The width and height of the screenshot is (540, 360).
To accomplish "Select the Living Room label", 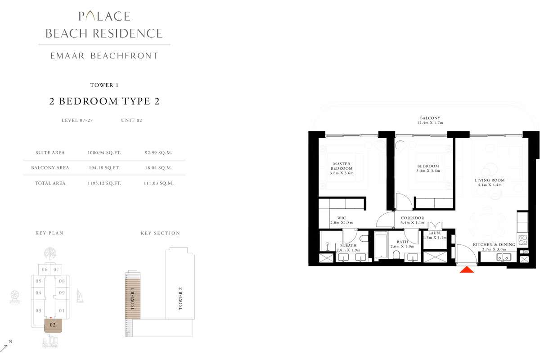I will click(490, 183).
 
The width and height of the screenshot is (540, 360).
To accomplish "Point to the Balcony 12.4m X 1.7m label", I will click(429, 121).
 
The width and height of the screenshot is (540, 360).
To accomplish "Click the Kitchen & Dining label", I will click(494, 247).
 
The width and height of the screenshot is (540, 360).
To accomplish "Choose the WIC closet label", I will click(342, 220).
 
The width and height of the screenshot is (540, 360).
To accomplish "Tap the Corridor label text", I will click(412, 220).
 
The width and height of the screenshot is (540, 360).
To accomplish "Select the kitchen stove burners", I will click(523, 240).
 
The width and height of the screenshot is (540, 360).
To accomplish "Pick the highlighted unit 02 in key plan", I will click(53, 324).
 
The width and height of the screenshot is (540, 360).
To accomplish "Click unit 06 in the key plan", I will click(44, 270).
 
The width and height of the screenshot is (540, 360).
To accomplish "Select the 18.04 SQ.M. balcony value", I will click(161, 168).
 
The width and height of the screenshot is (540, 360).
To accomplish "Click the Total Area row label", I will click(50, 183).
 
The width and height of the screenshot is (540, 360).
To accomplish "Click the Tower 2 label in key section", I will click(180, 301).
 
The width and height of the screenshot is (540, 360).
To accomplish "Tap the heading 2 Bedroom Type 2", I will click(104, 101).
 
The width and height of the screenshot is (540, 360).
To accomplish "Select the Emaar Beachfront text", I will click(104, 56).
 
